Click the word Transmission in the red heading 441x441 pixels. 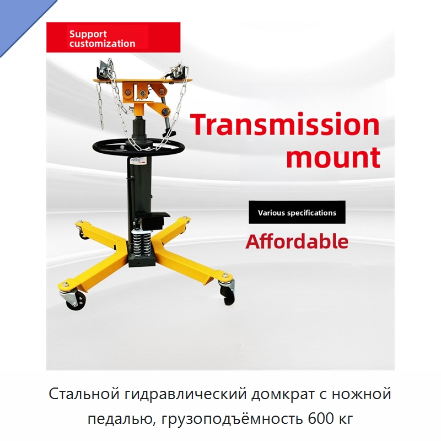tap(285, 124)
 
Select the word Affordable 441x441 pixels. tap(297, 241)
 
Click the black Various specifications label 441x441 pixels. tap(297, 212)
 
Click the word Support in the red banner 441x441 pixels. tap(88, 34)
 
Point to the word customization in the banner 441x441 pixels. tap(103, 44)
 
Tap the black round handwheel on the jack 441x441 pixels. tap(139, 147)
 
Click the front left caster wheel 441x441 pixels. tap(76, 300)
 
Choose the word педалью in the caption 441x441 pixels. tap(122, 419)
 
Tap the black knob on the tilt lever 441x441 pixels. tap(170, 132)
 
